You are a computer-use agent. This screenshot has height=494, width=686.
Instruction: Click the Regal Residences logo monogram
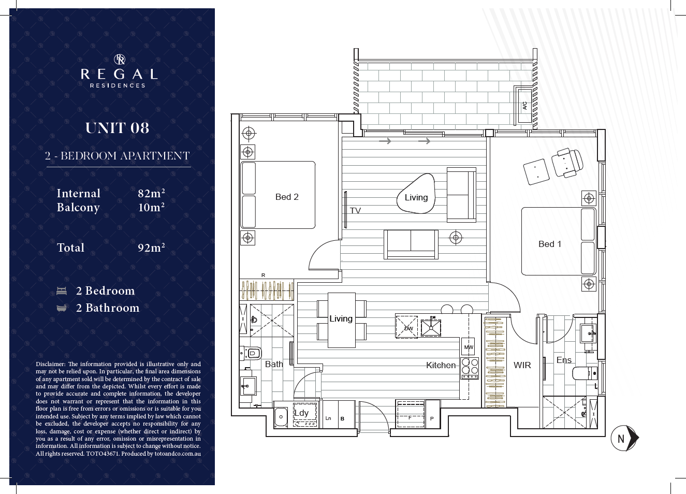(120, 60)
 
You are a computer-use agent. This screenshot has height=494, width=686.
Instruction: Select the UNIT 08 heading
(118, 128)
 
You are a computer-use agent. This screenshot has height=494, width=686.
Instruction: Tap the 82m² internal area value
(151, 193)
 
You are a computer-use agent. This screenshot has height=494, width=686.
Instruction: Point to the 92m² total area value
(151, 248)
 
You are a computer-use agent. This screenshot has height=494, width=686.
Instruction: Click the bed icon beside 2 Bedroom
(62, 290)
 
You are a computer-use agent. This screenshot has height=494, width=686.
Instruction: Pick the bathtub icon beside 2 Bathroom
(62, 308)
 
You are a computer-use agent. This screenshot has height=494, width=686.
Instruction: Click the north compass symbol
(624, 438)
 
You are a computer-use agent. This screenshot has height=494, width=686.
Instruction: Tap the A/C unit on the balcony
(524, 106)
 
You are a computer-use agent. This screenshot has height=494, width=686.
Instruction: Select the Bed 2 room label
(287, 197)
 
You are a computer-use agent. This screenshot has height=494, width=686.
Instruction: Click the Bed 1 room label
(550, 244)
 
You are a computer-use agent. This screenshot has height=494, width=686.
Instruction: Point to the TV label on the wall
(355, 211)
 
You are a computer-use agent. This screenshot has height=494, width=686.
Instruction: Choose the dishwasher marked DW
(406, 327)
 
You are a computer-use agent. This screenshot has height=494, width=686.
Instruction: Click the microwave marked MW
(468, 347)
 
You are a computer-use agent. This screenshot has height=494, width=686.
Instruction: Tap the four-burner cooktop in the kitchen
(470, 368)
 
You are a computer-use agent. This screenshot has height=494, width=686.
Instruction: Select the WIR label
(522, 365)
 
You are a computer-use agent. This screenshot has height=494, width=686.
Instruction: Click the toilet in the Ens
(585, 373)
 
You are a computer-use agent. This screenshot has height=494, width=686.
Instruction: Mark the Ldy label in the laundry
(301, 413)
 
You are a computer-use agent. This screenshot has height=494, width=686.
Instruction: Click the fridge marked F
(410, 414)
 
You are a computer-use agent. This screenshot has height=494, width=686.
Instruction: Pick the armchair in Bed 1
(567, 163)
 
